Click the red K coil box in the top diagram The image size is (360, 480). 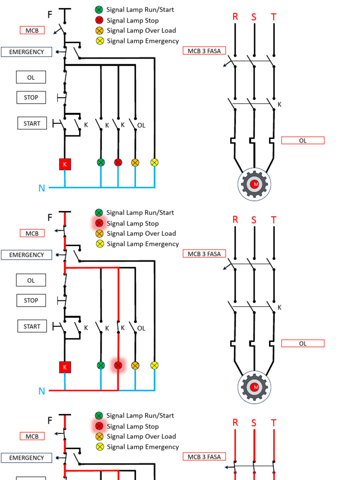65,164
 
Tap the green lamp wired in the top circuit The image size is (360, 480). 101,162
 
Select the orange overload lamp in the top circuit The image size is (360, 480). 135,162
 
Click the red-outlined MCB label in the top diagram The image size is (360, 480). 32,30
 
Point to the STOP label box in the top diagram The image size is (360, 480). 31,97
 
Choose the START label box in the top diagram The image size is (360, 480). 32,124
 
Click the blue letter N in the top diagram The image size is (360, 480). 42,188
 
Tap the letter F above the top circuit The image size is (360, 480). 50,15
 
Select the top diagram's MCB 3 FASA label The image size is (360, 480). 204,51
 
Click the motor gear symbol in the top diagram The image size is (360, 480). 255,184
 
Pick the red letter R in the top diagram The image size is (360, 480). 235,17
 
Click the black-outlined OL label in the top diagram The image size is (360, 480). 31,77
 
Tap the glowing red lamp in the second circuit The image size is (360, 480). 118,365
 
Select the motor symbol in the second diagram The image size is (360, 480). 255,387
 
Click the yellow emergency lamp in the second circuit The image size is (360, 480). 155,365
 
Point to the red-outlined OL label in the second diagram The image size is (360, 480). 302,344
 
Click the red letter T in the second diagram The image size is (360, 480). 274,220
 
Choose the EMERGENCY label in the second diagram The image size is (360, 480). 26,255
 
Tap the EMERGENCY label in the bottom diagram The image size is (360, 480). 26,458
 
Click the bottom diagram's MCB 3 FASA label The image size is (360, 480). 204,457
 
